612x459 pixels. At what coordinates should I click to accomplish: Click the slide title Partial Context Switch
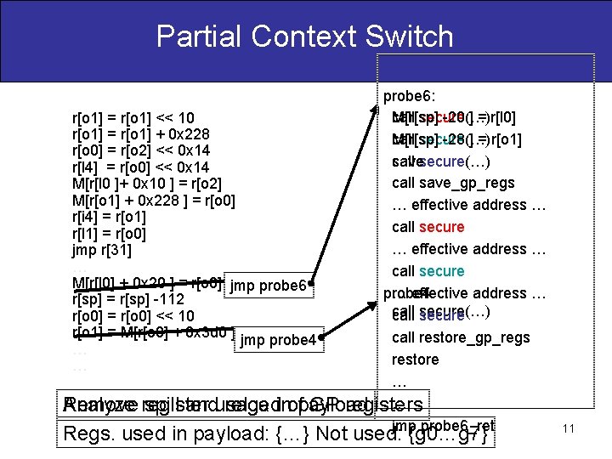[x=305, y=37]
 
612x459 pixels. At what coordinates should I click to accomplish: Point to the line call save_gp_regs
[x=453, y=183]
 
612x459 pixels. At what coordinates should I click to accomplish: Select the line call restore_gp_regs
[x=461, y=337]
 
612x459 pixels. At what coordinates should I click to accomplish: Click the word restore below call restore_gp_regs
[x=416, y=360]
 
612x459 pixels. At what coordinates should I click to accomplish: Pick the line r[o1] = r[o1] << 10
[x=133, y=118]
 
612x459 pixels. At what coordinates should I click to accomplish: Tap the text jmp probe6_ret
[x=443, y=425]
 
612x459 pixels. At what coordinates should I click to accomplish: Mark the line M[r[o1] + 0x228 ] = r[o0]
[x=154, y=201]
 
